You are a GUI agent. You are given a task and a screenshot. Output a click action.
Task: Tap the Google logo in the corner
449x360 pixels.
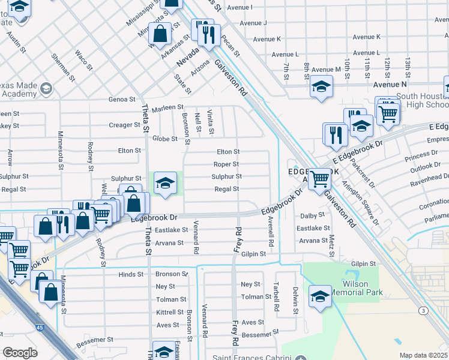click(20, 353)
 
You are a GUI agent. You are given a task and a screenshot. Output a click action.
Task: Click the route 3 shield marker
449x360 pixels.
click(424, 310)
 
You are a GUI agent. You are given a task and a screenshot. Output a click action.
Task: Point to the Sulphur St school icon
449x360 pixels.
click(164, 184)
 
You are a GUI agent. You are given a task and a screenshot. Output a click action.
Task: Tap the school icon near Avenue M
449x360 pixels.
click(321, 87)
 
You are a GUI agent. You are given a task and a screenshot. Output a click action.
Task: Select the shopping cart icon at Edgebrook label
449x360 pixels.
click(320, 178)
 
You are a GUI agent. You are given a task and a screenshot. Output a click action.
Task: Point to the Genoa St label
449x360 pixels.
click(122, 100)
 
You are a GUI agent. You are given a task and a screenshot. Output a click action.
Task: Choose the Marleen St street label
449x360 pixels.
click(163, 108)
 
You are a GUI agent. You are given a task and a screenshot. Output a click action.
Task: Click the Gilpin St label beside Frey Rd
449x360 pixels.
click(254, 254)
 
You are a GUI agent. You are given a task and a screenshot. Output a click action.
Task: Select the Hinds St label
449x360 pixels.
click(131, 274)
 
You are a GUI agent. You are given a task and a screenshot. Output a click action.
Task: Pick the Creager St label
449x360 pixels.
click(125, 125)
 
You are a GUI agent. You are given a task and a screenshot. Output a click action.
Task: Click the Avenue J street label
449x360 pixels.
click(253, 23)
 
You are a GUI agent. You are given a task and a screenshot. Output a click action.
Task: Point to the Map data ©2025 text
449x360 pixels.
click(423, 355)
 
